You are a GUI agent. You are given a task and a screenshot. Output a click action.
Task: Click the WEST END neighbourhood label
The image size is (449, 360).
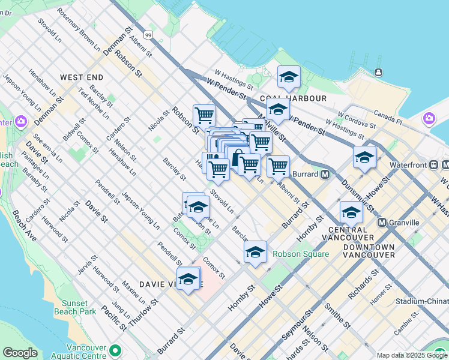[82, 77]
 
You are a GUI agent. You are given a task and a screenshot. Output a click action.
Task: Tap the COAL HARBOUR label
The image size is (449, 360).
[294, 98]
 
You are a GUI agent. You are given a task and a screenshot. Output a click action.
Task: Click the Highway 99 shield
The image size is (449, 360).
[148, 35]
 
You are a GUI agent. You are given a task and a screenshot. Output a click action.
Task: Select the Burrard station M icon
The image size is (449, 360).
[325, 175]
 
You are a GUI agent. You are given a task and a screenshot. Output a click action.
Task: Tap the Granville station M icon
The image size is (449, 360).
[382, 223]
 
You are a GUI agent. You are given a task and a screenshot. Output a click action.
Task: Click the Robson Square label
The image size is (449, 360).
[301, 254]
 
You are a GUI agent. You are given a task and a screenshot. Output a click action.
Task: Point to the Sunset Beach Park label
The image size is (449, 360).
[79, 307]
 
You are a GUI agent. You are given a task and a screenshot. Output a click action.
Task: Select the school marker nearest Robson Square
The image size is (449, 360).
[255, 251]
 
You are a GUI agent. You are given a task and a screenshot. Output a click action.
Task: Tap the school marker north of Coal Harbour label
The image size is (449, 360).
[289, 77]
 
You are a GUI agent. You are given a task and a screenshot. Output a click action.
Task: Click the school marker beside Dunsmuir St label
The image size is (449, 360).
[364, 157]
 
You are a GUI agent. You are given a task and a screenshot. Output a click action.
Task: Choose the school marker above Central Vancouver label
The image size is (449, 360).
[351, 212]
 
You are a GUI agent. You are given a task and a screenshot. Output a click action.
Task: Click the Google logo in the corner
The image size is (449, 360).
[20, 353]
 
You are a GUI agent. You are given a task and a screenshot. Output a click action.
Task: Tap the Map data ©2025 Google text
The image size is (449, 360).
[412, 355]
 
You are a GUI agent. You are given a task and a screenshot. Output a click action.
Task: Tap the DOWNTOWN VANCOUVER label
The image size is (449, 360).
[369, 251]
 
